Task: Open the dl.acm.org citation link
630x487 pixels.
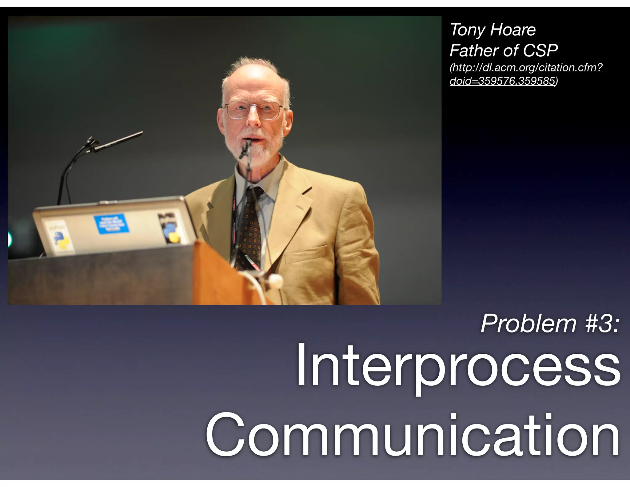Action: (526, 74)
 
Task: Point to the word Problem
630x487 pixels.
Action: (528, 324)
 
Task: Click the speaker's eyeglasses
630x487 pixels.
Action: (254, 110)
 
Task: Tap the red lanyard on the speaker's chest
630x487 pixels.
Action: (234, 222)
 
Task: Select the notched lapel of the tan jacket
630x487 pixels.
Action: (295, 197)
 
